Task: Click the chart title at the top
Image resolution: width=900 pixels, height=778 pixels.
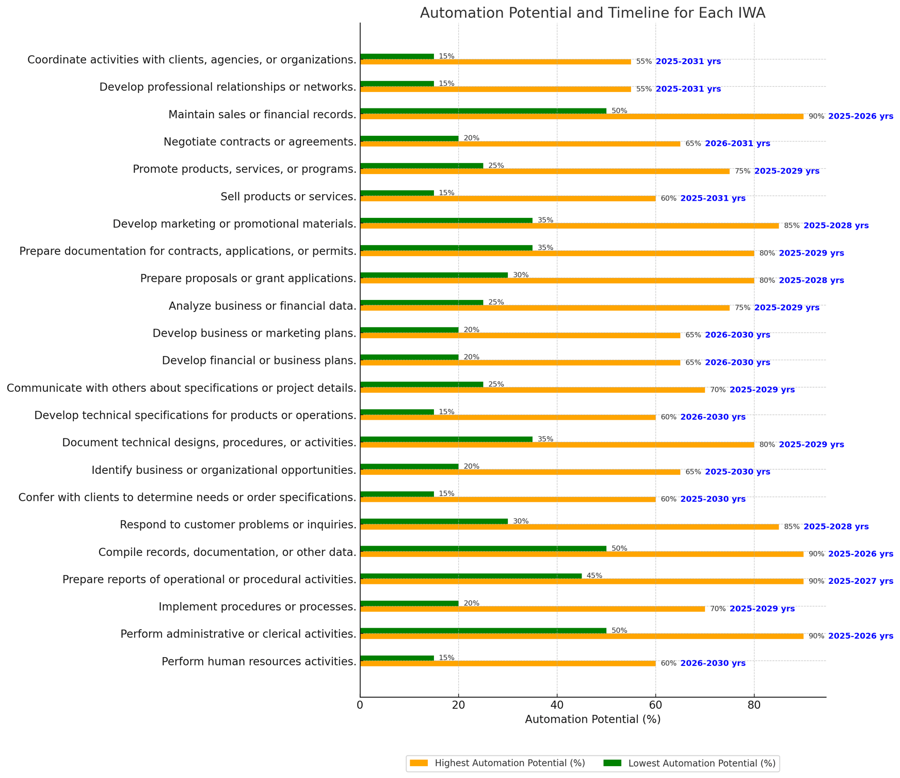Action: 592,13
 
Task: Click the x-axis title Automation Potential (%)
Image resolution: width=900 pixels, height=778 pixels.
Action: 592,720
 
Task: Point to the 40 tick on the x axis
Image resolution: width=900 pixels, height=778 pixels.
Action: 557,705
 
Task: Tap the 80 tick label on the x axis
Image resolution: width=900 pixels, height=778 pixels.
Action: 754,705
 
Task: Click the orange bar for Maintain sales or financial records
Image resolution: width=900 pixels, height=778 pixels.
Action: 582,117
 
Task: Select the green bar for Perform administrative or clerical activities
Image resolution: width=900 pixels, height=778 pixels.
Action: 483,631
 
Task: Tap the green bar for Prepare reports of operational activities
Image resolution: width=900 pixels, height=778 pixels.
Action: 471,576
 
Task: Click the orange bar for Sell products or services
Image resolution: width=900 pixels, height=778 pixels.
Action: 508,199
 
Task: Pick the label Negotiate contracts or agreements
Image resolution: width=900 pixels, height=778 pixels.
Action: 260,142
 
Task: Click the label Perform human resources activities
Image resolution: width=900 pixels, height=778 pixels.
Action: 259,662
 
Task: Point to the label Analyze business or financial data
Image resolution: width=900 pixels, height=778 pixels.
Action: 263,306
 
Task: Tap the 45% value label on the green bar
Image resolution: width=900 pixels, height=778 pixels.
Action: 594,576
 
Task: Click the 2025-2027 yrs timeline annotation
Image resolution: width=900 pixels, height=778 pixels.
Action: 861,581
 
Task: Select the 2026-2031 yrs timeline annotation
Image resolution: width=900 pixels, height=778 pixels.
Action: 737,144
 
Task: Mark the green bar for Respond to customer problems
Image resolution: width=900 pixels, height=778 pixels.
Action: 434,521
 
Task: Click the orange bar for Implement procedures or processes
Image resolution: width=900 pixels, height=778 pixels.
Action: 533,609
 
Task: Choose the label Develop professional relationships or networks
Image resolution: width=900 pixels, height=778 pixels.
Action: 228,87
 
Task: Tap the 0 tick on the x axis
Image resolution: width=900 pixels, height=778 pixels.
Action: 360,705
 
